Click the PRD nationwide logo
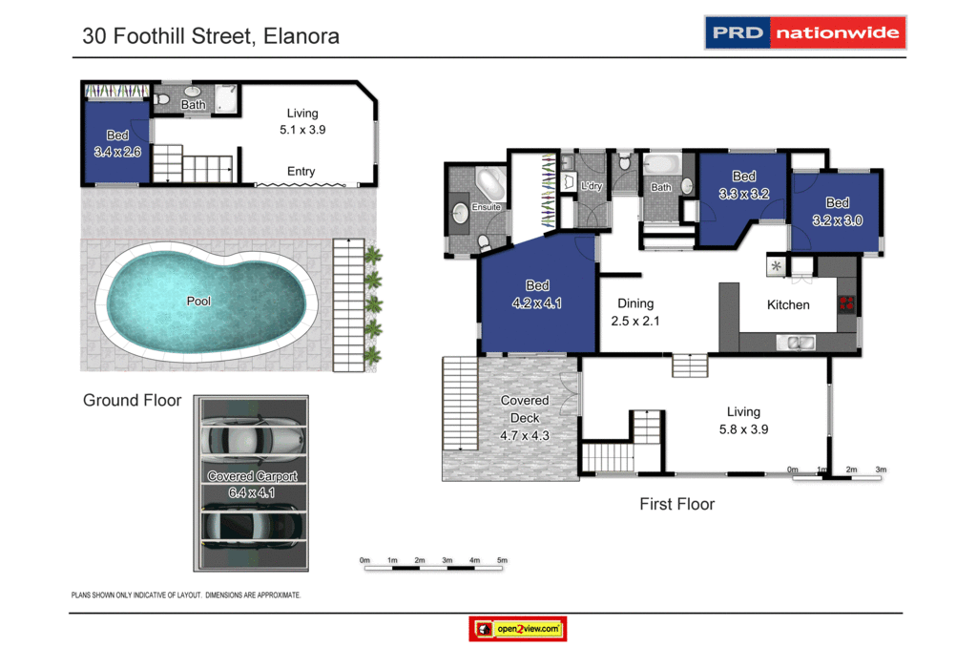pos(804,32)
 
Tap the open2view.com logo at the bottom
pos(518,629)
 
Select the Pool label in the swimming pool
pos(198,302)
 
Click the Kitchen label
pos(788,305)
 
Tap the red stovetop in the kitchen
pos(845,304)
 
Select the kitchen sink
pos(794,342)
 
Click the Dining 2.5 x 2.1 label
pos(634,313)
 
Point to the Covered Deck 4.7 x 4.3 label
pos(525,418)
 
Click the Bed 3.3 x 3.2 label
pos(744,184)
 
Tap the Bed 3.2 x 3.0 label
pos(837,211)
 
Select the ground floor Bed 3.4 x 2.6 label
pos(117,143)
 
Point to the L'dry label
pos(592,186)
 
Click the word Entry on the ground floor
pos(301,172)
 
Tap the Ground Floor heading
pos(132,401)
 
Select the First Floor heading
pos(676,504)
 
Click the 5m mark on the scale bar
pos(502,560)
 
